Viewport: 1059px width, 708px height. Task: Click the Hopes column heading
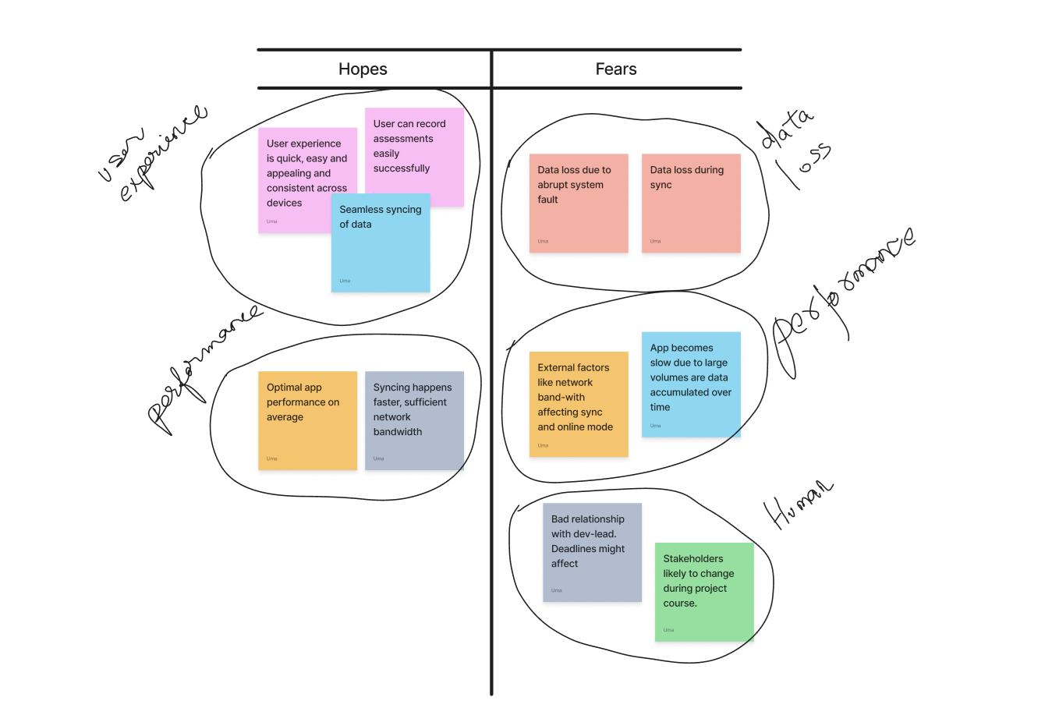[363, 69]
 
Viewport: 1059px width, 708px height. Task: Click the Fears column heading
[616, 69]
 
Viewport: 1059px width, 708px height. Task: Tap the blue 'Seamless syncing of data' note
[381, 250]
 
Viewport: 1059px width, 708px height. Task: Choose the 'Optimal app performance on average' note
[307, 421]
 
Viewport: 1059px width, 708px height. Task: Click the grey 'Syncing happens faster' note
[414, 421]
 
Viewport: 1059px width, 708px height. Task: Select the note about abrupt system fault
[579, 204]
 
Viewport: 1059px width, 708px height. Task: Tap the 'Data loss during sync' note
[691, 204]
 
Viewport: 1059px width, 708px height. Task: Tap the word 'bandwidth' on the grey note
[398, 432]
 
